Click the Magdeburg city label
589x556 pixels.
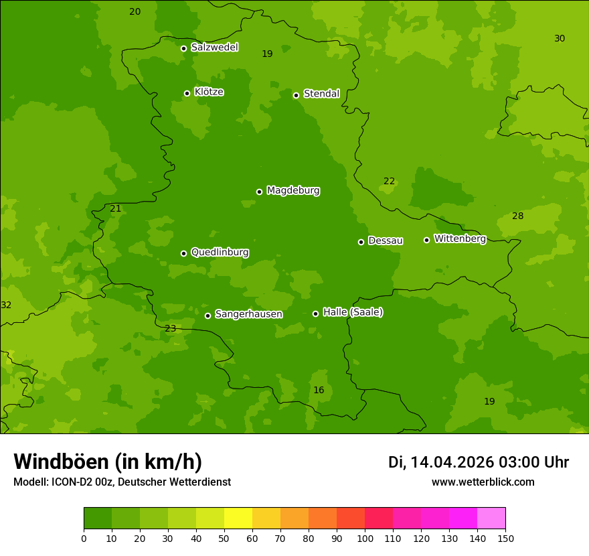point(292,191)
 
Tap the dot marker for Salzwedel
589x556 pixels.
point(183,48)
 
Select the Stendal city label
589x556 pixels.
point(321,94)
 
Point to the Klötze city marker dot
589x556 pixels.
point(187,93)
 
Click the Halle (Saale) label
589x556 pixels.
point(353,312)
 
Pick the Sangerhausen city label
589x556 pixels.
point(248,314)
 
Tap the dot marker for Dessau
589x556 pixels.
point(361,242)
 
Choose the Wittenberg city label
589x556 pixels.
point(460,239)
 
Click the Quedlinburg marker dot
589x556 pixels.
point(183,253)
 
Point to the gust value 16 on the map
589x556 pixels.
point(319,391)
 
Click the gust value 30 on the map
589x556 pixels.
point(560,39)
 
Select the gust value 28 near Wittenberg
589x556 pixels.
point(517,216)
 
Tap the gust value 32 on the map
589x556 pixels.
point(6,305)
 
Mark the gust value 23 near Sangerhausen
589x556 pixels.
point(170,329)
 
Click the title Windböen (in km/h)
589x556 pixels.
point(108,462)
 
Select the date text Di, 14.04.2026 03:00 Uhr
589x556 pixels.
point(479,462)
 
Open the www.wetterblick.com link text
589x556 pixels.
point(483,482)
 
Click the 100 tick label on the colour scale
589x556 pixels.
point(365,538)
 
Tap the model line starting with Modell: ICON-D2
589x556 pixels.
point(122,482)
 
